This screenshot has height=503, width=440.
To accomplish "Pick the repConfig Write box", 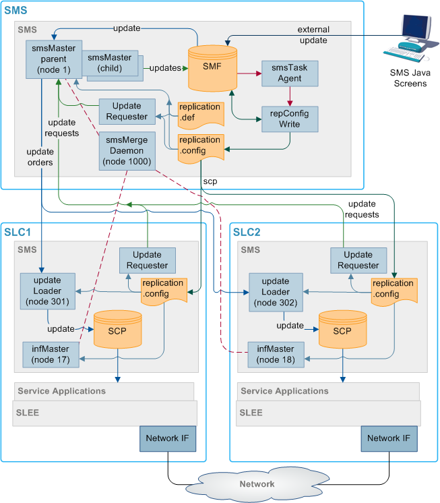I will pyautogui.click(x=290, y=119).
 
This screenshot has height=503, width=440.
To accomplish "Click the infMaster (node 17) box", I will pyautogui.click(x=51, y=354).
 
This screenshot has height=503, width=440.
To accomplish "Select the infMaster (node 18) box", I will pyautogui.click(x=276, y=354).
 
